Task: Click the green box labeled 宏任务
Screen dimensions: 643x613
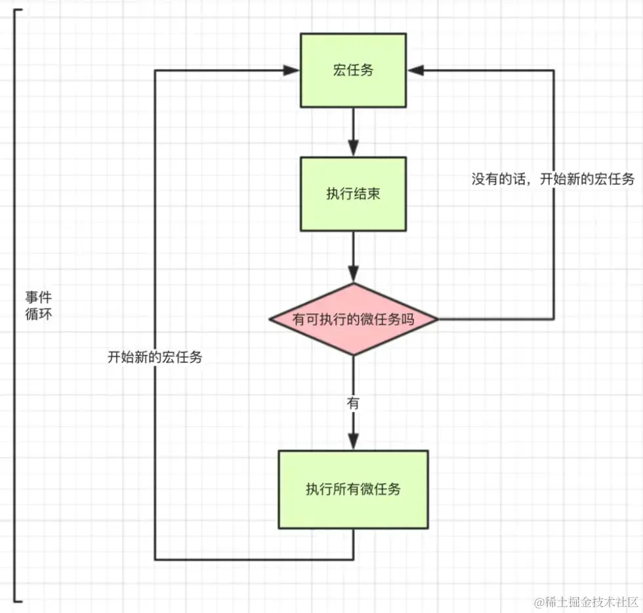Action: [353, 71]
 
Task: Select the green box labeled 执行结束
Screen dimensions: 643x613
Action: [353, 194]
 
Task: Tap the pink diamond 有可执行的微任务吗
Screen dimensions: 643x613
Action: [354, 319]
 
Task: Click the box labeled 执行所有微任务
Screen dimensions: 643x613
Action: [353, 489]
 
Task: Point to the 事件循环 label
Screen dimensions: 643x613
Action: [39, 306]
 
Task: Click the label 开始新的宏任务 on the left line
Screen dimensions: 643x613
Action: [155, 357]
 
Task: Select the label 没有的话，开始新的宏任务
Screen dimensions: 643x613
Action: [552, 179]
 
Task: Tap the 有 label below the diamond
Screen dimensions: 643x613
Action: [353, 403]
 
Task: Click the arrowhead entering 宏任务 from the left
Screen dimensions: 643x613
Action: [291, 71]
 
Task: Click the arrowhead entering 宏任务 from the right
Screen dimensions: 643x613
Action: [415, 71]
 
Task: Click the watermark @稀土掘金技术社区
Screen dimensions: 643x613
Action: [587, 602]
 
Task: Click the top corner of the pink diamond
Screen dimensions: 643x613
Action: [354, 283]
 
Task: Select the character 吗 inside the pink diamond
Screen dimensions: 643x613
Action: [407, 319]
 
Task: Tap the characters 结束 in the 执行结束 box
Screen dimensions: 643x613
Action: [367, 194]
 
